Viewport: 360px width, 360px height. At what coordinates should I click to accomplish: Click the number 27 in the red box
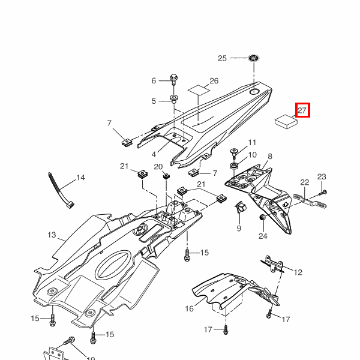302,110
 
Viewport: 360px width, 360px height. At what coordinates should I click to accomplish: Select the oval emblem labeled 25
254,59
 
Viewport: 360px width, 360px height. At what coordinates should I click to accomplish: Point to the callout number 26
214,80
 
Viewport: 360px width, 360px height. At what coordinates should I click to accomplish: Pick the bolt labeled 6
174,79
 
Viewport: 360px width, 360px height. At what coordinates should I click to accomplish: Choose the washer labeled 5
174,98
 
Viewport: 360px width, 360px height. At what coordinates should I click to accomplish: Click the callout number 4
154,154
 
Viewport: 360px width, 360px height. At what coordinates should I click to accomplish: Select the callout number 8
269,157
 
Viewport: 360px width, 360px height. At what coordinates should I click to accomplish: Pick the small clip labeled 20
166,176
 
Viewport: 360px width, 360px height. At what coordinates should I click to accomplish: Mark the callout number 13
51,235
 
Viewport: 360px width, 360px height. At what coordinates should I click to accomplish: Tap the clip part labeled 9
238,209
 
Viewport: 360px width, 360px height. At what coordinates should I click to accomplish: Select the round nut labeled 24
262,217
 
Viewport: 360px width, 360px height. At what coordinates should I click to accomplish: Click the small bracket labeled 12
274,264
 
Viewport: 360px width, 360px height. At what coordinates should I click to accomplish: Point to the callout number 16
189,309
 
